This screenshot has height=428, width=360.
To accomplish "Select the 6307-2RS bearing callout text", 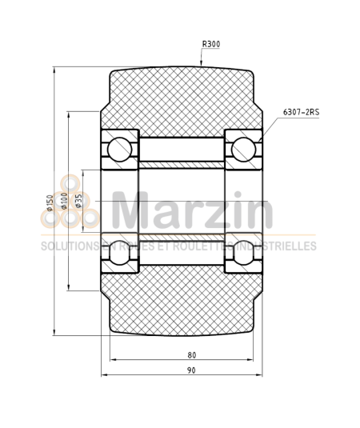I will coord(300,113).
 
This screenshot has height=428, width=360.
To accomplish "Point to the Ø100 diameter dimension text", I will coord(64,201).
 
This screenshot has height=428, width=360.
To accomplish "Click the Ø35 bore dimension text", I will coord(78,201).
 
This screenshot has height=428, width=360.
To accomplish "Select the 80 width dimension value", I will coord(191,354).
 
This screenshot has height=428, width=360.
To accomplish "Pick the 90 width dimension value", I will coord(191,370).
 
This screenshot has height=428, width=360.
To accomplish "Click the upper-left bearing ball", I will coord(120,148).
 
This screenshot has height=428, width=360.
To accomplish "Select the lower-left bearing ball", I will coord(120,250).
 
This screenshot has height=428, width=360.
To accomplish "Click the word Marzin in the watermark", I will coord(192,211).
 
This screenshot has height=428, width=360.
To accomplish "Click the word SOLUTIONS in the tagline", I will coord(67,246).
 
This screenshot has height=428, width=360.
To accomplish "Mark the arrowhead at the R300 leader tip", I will coord(201,64).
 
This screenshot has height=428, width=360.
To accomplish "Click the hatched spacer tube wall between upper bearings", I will coord(182,165).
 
